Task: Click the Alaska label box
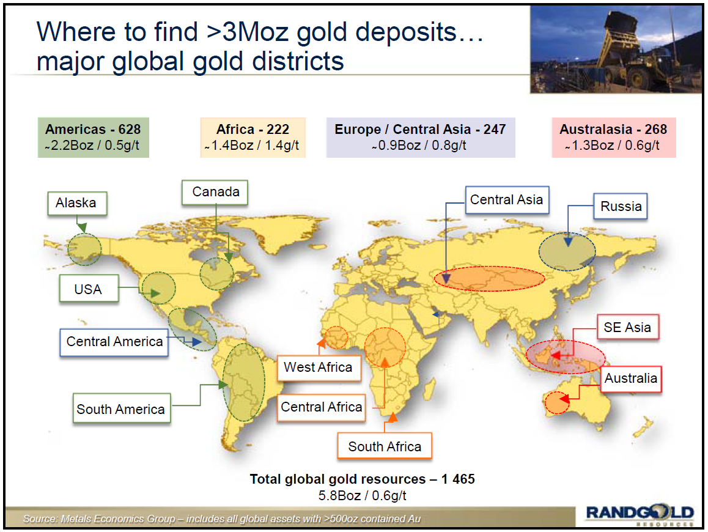[x=76, y=203]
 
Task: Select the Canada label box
[x=215, y=192]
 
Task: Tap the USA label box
[x=88, y=289]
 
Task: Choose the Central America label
[x=114, y=341]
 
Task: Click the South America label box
[x=120, y=409]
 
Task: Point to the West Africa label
[x=318, y=367]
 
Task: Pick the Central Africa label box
[x=322, y=407]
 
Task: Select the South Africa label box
[x=385, y=446]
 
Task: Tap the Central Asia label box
[x=506, y=199]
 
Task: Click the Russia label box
[x=621, y=206]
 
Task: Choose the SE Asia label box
[x=627, y=327]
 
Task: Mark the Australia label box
[x=631, y=379]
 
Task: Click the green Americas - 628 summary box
[x=93, y=137]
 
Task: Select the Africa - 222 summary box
[x=253, y=137]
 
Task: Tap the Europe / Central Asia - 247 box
[x=420, y=137]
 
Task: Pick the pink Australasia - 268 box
[x=613, y=137]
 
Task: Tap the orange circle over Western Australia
[x=556, y=404]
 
